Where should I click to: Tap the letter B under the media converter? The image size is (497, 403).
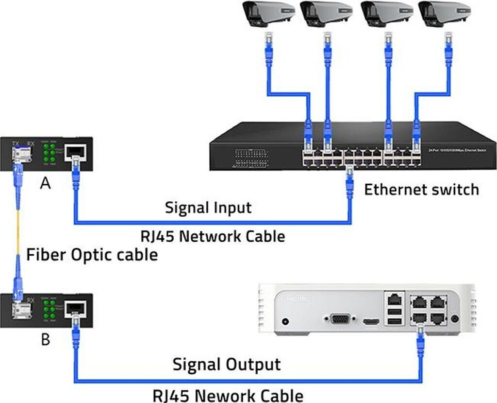click(45, 339)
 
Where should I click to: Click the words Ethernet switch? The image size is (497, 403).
click(421, 189)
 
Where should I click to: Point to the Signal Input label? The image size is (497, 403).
click(208, 208)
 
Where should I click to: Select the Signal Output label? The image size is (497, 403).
click(227, 364)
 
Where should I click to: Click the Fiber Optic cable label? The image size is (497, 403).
click(92, 254)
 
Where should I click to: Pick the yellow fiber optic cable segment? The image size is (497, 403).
click(17, 228)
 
